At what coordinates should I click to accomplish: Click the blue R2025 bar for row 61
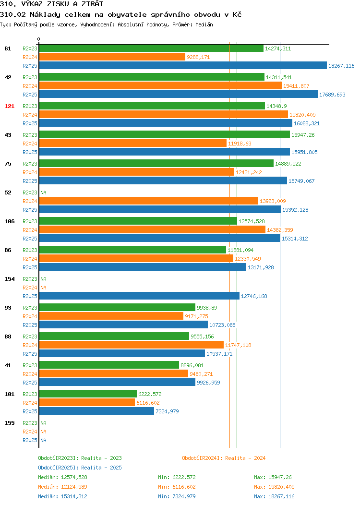(x=183, y=66)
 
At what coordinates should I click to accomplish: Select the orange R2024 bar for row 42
(x=160, y=86)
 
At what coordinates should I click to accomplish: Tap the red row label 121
(x=9, y=106)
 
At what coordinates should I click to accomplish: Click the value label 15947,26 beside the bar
(x=303, y=135)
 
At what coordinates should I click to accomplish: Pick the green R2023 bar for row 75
(x=156, y=164)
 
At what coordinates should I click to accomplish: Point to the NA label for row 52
(x=44, y=192)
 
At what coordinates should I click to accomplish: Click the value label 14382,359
(x=280, y=230)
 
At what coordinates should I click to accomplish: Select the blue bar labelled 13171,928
(x=143, y=267)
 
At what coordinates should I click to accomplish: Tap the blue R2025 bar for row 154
(x=139, y=296)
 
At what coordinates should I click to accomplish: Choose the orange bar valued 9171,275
(x=111, y=316)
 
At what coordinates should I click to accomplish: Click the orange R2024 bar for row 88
(x=132, y=345)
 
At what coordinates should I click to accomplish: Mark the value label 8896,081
(x=192, y=365)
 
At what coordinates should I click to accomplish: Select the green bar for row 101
(x=88, y=394)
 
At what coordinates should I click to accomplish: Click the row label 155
(x=9, y=423)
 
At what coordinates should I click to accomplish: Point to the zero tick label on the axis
(x=39, y=39)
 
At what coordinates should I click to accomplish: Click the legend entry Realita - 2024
(x=245, y=458)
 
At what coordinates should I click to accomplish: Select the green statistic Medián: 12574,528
(x=62, y=477)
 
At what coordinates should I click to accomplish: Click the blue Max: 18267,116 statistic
(x=274, y=497)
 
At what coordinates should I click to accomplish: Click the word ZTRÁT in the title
(x=93, y=4)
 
